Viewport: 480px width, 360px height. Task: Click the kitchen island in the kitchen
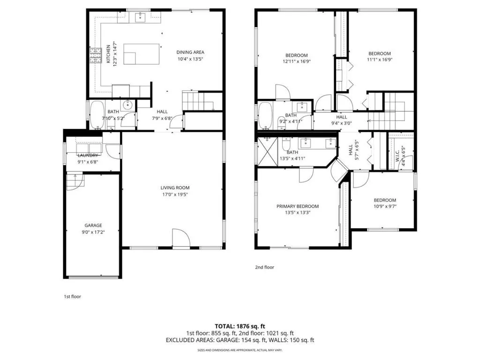[141, 53]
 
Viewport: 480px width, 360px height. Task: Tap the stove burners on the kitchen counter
[96, 56]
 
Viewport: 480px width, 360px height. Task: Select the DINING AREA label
[190, 52]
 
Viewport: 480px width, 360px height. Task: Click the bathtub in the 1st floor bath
[97, 115]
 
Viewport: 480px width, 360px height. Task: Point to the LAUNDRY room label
[88, 155]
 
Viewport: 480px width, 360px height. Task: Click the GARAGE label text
[93, 225]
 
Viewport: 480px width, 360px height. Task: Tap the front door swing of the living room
[180, 238]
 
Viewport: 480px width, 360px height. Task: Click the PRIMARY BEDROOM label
[297, 206]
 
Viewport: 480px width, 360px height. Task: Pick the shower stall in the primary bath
[267, 151]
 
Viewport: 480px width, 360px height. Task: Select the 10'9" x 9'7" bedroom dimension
[384, 206]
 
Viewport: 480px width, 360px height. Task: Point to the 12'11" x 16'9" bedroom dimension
[296, 61]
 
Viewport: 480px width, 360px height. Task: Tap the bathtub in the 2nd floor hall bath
[265, 116]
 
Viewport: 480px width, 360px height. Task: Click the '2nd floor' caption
[264, 267]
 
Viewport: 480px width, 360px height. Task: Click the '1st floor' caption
[72, 296]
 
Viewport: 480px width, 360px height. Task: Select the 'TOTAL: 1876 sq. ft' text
[240, 326]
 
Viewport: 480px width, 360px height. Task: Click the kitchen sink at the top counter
[140, 18]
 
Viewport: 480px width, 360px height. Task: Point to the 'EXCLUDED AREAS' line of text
[240, 340]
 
